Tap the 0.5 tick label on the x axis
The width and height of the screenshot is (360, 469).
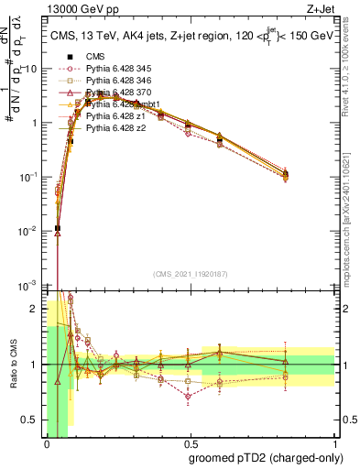point(190,443)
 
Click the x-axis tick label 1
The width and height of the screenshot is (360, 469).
point(334,443)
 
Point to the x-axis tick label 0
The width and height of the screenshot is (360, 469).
point(46,443)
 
